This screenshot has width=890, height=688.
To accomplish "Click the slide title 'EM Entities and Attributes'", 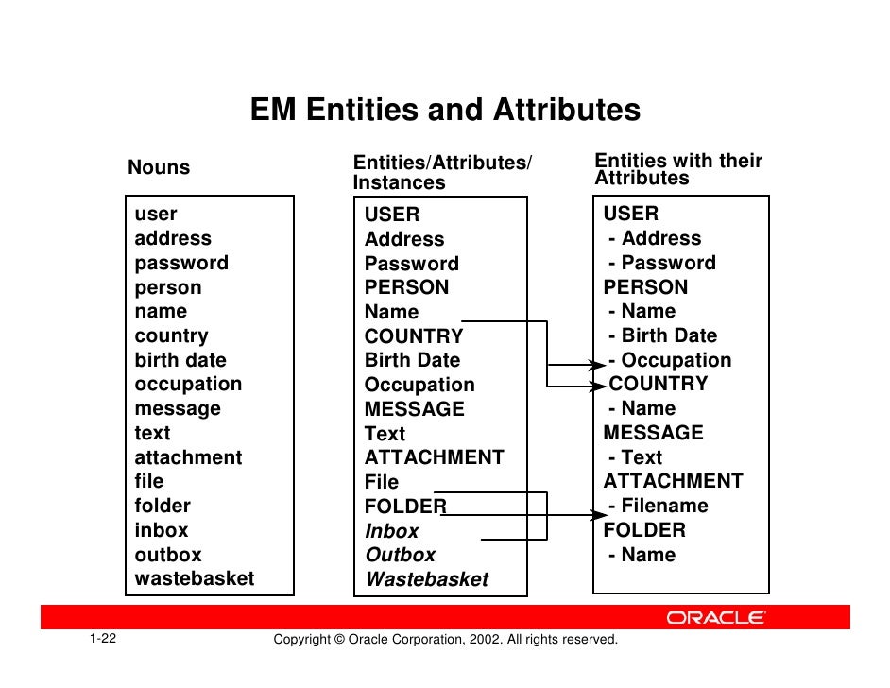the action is click(445, 111).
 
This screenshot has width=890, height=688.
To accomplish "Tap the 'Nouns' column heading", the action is click(159, 167).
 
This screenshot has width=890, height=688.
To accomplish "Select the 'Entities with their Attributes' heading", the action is click(677, 169).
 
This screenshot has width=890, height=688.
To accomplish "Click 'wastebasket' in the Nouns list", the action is click(194, 578).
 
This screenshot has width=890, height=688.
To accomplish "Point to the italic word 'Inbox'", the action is click(391, 531).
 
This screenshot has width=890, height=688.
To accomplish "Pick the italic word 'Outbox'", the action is click(401, 555).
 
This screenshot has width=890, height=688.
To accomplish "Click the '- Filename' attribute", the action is click(658, 506).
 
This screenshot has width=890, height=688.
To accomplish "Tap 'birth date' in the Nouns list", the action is click(180, 360).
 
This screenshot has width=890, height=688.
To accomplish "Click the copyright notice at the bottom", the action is click(445, 640).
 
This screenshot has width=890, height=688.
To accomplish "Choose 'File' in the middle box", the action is click(382, 482).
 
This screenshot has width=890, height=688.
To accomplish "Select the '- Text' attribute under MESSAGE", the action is click(635, 457).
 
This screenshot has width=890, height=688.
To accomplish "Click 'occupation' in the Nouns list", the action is click(188, 384).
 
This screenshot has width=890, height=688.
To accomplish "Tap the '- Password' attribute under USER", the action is click(661, 263).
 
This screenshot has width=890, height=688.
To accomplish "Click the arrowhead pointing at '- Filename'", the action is click(597, 514).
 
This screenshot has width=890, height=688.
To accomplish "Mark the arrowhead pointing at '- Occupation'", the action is click(597, 364).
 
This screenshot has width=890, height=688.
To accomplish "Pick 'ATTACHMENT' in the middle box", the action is click(435, 457).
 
